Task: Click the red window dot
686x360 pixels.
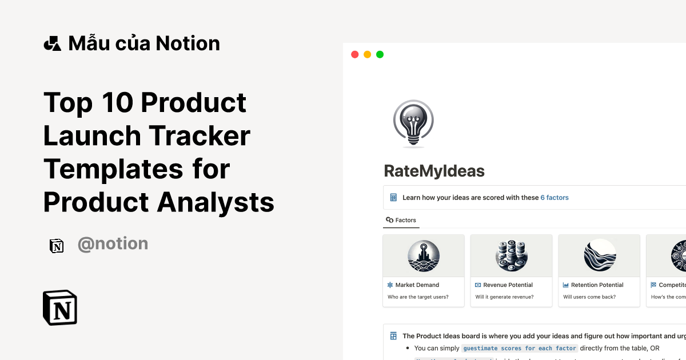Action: point(354,54)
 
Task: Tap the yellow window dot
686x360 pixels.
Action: point(367,54)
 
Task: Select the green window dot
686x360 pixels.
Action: point(380,54)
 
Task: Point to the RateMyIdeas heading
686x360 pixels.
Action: point(434,170)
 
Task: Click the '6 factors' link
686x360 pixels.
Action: point(555,198)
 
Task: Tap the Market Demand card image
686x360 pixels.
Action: point(424,255)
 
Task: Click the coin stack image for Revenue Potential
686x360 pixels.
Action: point(511,255)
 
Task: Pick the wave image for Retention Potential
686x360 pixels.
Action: point(599,255)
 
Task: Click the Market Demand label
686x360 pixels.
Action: point(417,285)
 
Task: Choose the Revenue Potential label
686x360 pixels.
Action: point(508,285)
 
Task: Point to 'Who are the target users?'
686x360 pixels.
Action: point(418,297)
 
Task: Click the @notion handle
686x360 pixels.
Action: point(113,244)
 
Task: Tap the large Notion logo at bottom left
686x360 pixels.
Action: point(60,308)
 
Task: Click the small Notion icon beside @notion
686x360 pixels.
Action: point(57,245)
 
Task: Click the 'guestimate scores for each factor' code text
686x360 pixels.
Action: point(519,348)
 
